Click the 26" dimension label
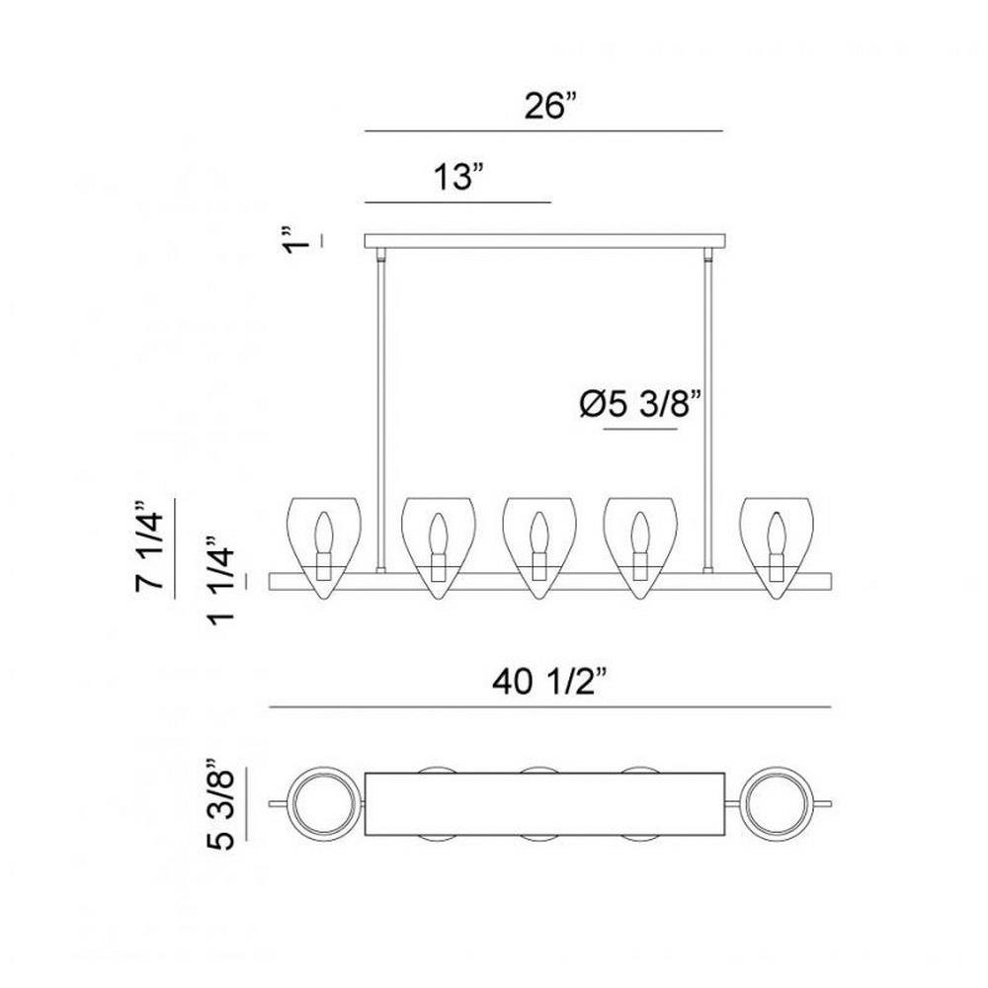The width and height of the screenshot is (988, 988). click(x=551, y=106)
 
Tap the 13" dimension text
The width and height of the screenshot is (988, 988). click(x=461, y=177)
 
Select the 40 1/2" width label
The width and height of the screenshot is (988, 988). click(x=549, y=682)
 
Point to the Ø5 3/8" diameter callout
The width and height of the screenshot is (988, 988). click(x=640, y=404)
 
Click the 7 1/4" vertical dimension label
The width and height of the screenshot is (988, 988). click(x=150, y=545)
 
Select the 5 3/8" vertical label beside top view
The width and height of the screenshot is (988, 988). click(x=220, y=804)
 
